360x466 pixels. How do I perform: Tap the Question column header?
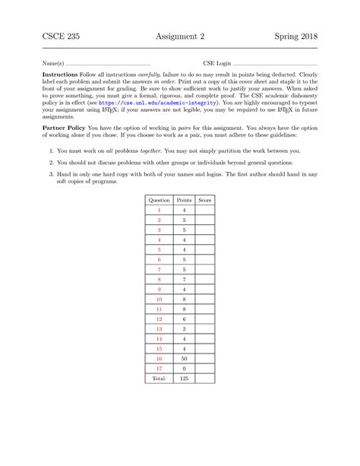pyautogui.click(x=159, y=199)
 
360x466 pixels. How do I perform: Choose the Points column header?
pyautogui.click(x=184, y=199)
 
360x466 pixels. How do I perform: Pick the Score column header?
pyautogui.click(x=204, y=199)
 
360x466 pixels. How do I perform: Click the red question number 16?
pyautogui.click(x=159, y=357)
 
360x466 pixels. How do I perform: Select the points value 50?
pyautogui.click(x=184, y=357)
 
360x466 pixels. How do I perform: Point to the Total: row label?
pyautogui.click(x=159, y=377)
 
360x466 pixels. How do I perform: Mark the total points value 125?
pyautogui.click(x=184, y=377)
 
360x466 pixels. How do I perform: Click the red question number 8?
pyautogui.click(x=159, y=278)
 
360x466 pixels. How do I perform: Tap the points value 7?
pyautogui.click(x=184, y=278)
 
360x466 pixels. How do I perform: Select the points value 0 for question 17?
pyautogui.click(x=184, y=367)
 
